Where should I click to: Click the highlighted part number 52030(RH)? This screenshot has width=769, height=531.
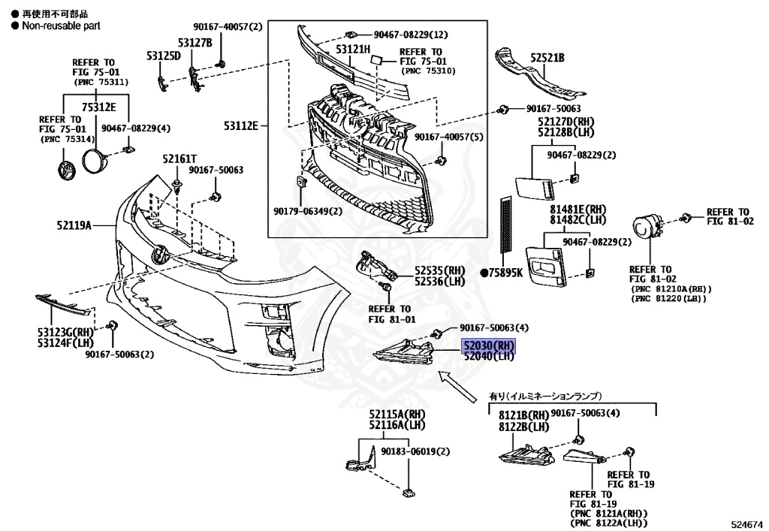click(489, 345)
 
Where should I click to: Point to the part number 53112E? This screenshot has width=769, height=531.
click(240, 125)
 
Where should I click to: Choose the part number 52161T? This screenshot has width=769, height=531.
click(179, 159)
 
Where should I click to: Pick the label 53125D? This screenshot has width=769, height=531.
click(164, 55)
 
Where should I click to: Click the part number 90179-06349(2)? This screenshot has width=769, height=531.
click(307, 211)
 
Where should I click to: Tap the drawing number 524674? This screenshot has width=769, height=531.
click(746, 523)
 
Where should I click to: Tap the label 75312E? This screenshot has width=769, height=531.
click(99, 107)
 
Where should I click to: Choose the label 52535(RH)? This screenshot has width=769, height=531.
click(441, 270)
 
